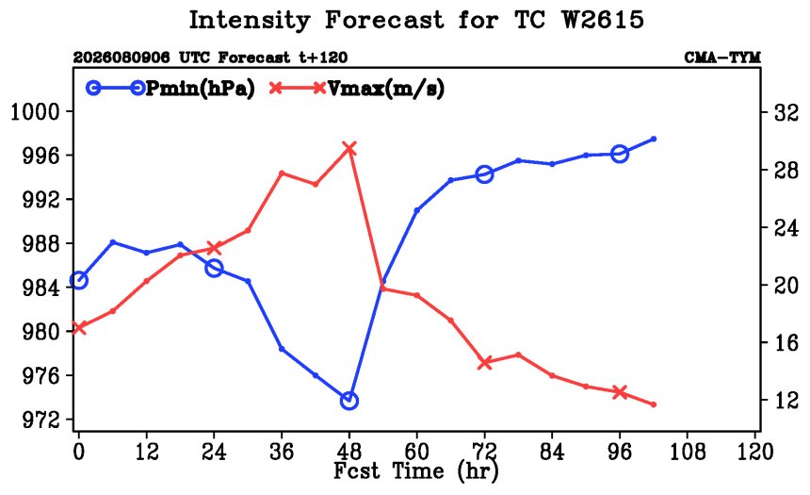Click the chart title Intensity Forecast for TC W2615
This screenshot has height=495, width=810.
[416, 21]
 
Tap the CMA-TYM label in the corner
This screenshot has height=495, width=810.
[722, 58]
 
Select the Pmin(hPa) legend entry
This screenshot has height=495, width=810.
[170, 89]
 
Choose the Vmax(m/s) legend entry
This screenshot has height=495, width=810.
[356, 89]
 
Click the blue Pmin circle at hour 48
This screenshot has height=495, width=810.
[349, 401]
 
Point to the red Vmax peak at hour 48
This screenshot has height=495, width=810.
[349, 149]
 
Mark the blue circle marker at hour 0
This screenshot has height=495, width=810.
[78, 280]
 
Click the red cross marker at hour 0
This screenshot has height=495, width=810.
[78, 328]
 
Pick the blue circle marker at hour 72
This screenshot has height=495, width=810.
[484, 174]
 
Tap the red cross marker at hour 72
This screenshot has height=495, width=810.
[484, 363]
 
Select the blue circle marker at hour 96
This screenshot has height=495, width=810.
[620, 154]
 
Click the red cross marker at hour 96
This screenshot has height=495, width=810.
[620, 392]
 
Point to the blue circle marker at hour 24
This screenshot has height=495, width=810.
[214, 269]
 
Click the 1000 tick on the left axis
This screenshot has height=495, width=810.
[35, 111]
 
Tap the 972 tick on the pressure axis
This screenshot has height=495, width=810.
[40, 420]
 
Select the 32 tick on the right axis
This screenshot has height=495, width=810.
[786, 113]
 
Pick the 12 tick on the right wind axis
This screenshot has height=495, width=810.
[786, 400]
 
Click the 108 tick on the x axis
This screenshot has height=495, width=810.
[688, 452]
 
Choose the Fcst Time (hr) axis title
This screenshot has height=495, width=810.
[416, 471]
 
